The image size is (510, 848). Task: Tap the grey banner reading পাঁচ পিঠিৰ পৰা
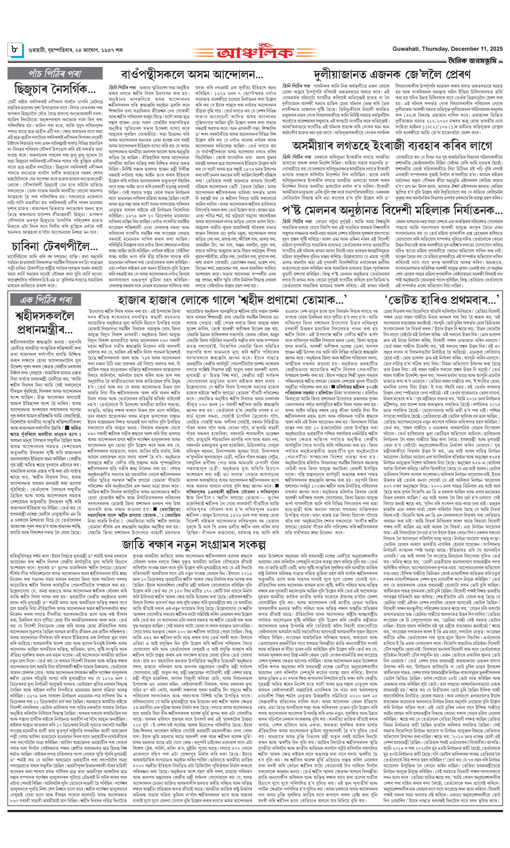click(x=55, y=73)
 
